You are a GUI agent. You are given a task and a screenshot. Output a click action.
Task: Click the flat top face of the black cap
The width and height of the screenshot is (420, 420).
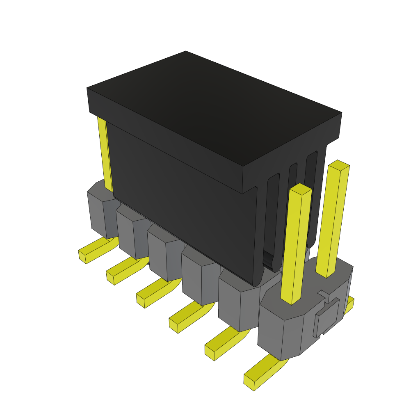click(213, 107)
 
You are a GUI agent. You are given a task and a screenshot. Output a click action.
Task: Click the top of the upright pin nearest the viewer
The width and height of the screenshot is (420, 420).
click(301, 189)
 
